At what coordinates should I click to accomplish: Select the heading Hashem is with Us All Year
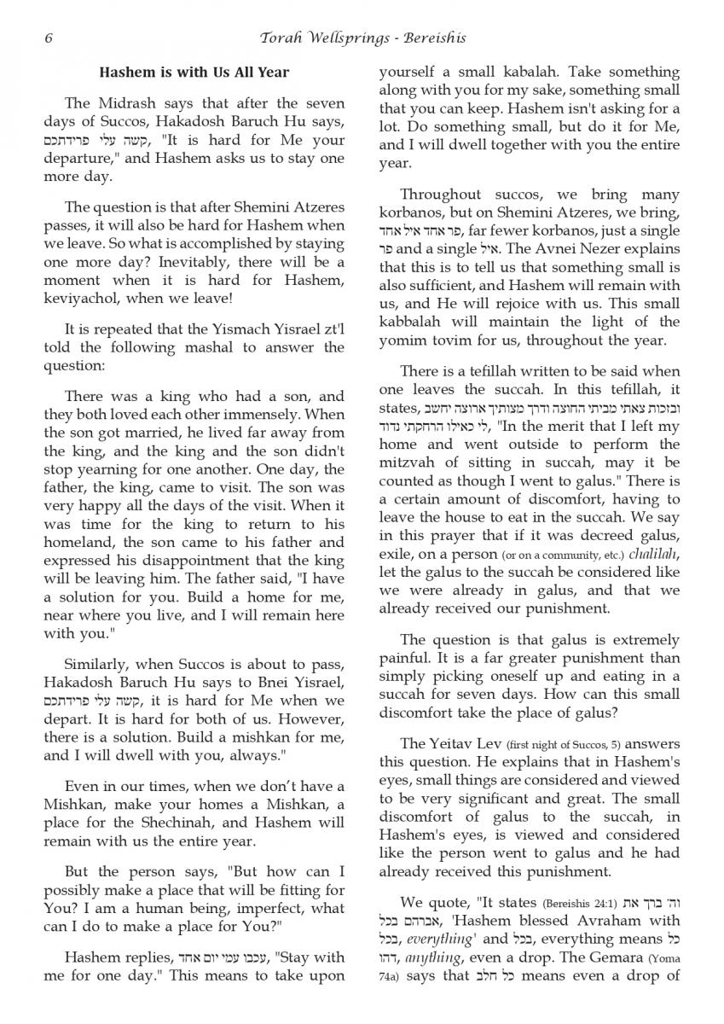tap(194, 73)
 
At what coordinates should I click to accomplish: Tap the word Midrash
tap(119, 103)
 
